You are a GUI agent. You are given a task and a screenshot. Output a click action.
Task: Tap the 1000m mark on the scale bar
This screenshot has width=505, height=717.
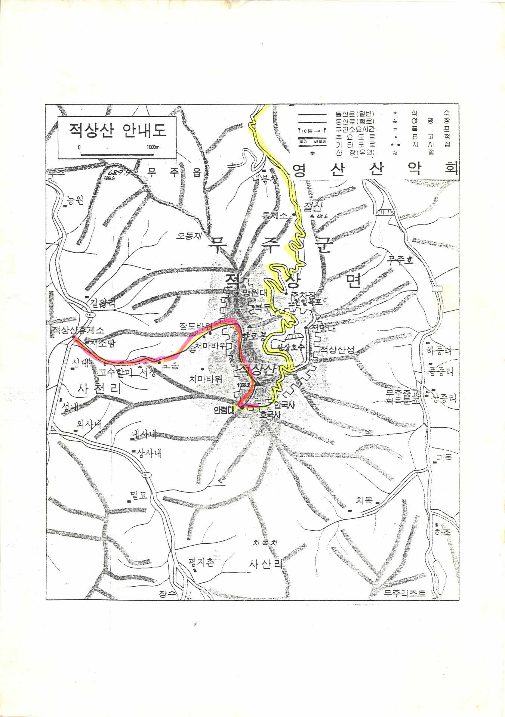point(153,147)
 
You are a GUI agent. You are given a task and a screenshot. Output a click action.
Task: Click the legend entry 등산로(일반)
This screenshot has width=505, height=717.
point(355,114)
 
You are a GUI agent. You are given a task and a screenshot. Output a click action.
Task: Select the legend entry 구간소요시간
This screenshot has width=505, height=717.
point(355,129)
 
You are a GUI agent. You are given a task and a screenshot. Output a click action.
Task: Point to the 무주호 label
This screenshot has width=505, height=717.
point(400,260)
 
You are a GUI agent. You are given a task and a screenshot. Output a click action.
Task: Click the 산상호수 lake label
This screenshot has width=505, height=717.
point(289,347)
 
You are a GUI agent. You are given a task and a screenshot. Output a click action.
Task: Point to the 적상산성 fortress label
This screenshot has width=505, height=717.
point(336,350)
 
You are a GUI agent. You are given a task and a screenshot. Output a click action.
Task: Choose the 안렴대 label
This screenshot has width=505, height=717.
point(224,409)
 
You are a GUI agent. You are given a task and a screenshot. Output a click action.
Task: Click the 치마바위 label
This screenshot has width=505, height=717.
point(205,379)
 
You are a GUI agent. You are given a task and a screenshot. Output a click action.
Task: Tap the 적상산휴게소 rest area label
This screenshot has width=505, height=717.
point(78,330)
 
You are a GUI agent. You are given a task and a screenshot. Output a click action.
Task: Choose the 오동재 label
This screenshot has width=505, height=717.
point(189,236)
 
